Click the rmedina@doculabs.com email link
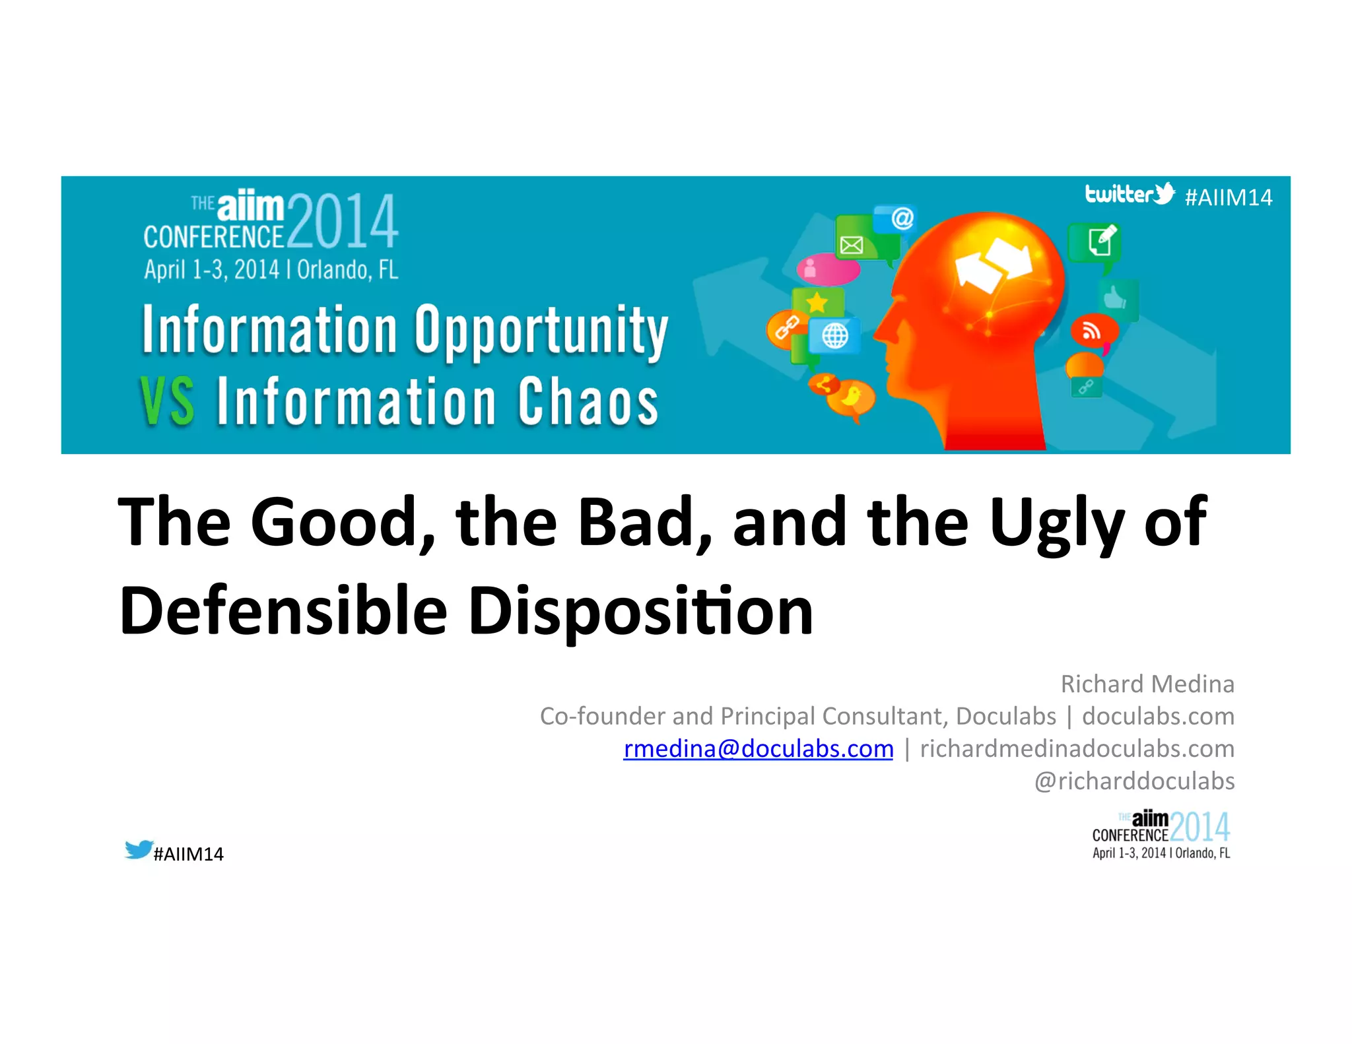tap(758, 748)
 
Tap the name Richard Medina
tap(1147, 684)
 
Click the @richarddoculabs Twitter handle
tap(1133, 781)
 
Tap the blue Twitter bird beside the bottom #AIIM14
tap(139, 849)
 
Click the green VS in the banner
tap(168, 401)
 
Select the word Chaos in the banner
tap(588, 401)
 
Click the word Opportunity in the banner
tap(541, 330)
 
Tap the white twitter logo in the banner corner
tap(1130, 194)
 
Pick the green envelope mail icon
tap(852, 245)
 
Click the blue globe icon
tap(834, 336)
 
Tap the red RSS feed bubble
tap(1093, 331)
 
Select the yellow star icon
tap(817, 302)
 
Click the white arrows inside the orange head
tap(994, 265)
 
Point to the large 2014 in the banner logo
tap(343, 221)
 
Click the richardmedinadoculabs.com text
tap(1077, 748)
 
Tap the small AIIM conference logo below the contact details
tap(1161, 835)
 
